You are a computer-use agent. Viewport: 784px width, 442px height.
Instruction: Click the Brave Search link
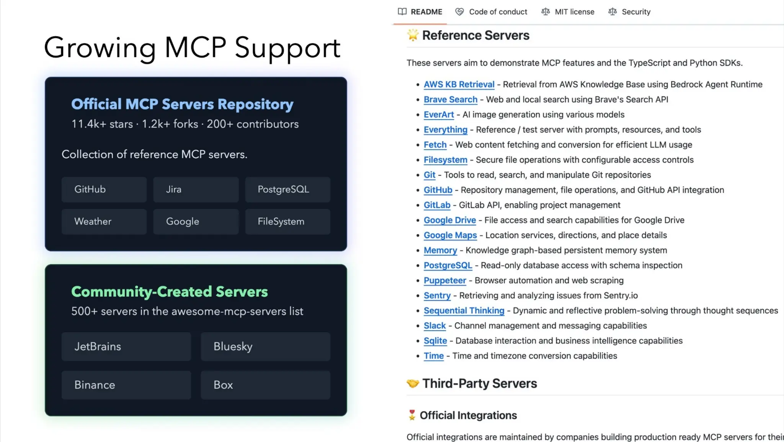[450, 100]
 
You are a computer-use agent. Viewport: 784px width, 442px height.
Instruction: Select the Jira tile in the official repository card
[196, 189]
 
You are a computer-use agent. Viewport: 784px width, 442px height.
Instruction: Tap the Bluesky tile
[265, 346]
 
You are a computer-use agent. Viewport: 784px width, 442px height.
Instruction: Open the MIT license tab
[568, 12]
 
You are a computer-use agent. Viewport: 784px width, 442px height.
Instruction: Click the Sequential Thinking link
[464, 311]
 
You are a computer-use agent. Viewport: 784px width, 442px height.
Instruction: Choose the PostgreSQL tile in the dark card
[287, 189]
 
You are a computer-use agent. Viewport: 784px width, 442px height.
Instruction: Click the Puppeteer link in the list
[444, 280]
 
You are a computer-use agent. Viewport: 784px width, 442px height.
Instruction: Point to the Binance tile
[126, 385]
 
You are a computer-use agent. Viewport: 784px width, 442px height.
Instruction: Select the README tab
[420, 12]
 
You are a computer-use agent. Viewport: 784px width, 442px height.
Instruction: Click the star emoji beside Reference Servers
[413, 35]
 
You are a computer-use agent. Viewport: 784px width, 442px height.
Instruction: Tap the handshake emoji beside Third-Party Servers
[413, 383]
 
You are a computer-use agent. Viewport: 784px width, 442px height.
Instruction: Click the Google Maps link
[450, 235]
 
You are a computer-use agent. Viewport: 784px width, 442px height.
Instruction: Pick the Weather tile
[104, 221]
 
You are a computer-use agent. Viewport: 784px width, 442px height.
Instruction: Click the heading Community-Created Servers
[169, 291]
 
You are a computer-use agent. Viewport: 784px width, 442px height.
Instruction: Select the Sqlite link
[435, 341]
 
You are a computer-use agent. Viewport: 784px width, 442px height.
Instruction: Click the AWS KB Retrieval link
[459, 84]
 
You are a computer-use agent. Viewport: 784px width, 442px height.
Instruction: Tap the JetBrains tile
[126, 346]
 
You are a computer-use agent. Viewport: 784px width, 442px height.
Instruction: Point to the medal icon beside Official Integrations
[412, 415]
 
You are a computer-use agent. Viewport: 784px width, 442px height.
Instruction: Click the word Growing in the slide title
[100, 48]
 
